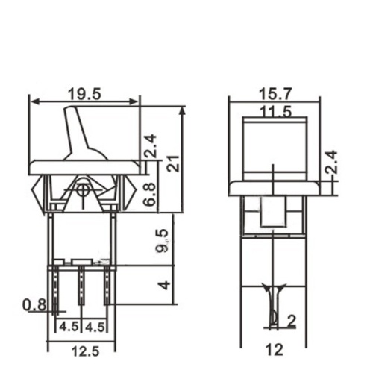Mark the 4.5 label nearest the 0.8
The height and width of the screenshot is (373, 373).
(67, 326)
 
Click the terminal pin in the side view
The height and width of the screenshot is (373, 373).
(274, 306)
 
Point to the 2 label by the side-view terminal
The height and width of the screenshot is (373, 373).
(289, 322)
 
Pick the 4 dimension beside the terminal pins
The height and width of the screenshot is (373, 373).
(165, 285)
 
